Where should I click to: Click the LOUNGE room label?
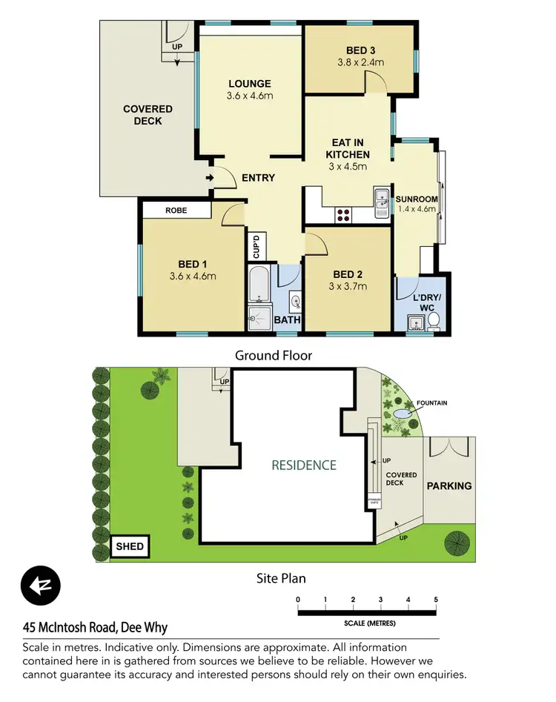tap(249, 84)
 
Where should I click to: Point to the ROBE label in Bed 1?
tap(176, 211)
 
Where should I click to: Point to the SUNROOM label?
tap(416, 199)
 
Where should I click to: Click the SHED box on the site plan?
tap(130, 548)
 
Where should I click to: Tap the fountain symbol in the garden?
tap(401, 414)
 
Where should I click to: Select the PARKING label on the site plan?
tap(449, 486)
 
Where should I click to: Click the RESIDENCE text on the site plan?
tap(303, 466)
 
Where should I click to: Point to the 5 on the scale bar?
tap(436, 599)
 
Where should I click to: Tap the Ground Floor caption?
tap(274, 355)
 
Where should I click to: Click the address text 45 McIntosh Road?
tap(96, 628)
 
